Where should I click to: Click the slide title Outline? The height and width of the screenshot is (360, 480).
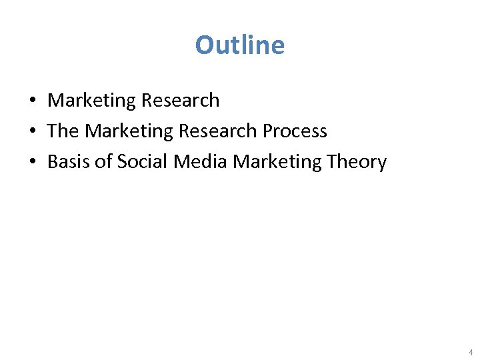tap(240, 45)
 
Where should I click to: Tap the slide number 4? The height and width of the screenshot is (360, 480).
tap(471, 352)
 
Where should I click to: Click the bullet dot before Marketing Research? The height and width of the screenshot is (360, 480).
tap(32, 101)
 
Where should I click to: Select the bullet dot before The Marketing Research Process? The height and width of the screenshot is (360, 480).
tap(32, 132)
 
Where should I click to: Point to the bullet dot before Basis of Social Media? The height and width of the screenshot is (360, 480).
tap(32, 163)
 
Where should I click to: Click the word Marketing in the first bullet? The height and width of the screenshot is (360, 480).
tap(91, 101)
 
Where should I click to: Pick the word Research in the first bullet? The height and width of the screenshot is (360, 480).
tap(180, 101)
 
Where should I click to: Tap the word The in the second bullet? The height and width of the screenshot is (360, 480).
tap(63, 131)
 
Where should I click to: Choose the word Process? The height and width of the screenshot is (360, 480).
tap(295, 131)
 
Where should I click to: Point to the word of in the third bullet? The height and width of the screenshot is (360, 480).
tap(103, 162)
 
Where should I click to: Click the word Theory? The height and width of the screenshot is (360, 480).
tap(357, 162)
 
